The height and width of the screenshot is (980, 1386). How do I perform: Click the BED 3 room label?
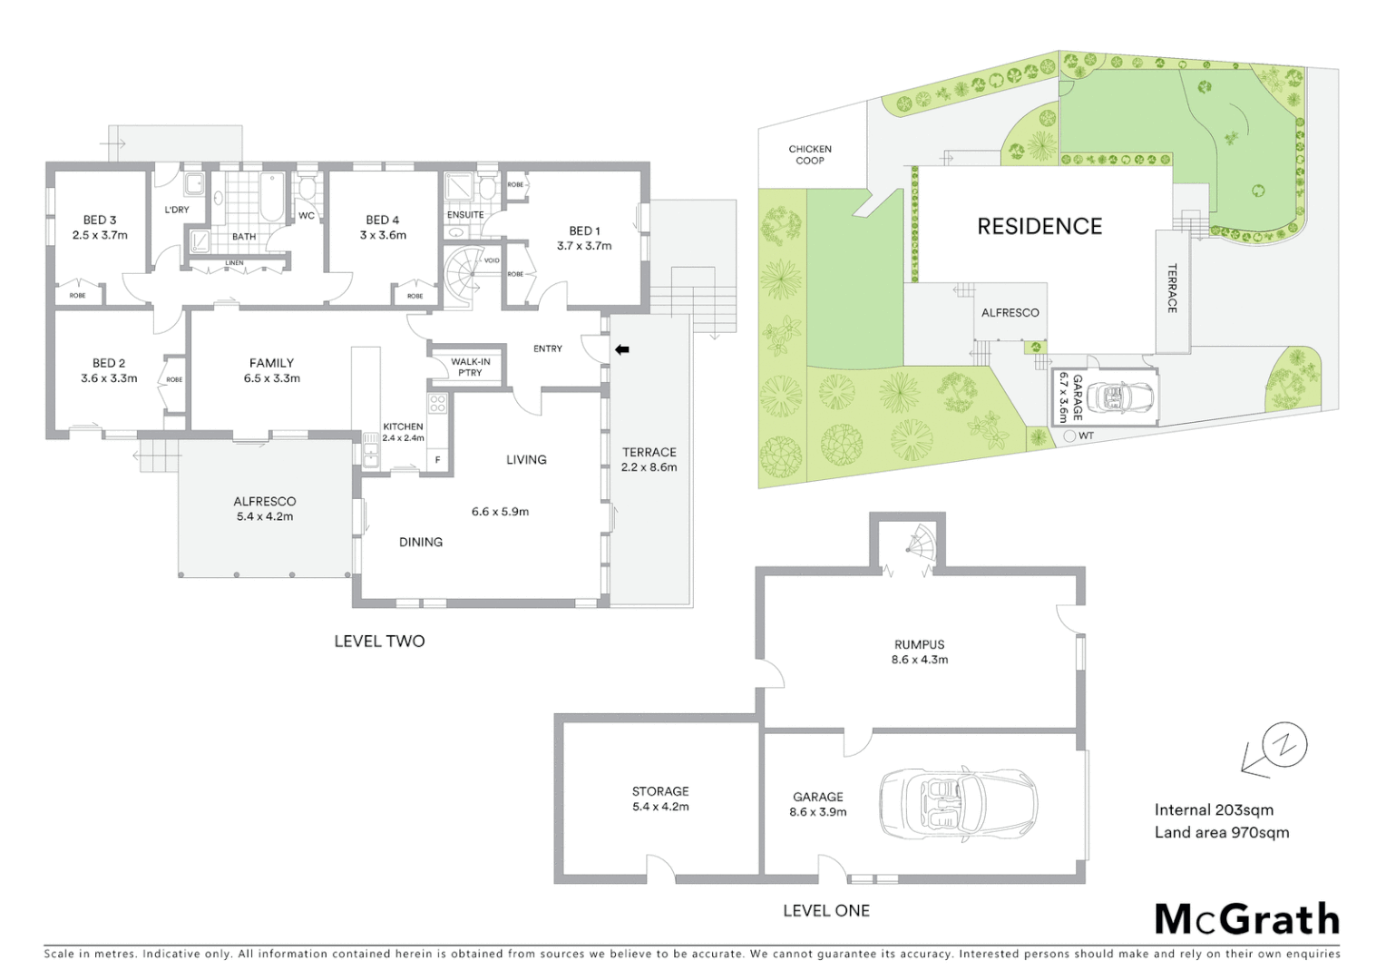[100, 220]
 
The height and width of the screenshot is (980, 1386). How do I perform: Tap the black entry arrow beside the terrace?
[622, 349]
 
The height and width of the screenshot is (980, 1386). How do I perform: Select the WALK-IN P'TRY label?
[470, 367]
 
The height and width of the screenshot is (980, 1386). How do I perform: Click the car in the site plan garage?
[1123, 397]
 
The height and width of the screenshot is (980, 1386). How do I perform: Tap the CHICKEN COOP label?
[810, 154]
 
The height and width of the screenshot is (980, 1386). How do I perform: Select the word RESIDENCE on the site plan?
[1039, 227]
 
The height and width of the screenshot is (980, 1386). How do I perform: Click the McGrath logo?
[1247, 919]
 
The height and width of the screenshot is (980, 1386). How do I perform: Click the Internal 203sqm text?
[1214, 810]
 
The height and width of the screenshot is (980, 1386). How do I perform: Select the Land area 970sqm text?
[1221, 833]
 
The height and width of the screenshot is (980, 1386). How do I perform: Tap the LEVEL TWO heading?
[379, 642]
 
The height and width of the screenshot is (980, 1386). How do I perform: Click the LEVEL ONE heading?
[825, 911]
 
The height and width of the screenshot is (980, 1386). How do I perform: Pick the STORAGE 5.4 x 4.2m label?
[660, 799]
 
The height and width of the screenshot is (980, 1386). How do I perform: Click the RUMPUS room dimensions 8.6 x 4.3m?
[919, 660]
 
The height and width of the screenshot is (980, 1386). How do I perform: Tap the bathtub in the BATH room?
[271, 197]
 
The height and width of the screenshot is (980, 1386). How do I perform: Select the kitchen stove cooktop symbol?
[437, 404]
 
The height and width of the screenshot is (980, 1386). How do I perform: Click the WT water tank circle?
[1069, 436]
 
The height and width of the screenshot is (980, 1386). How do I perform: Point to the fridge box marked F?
[438, 460]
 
